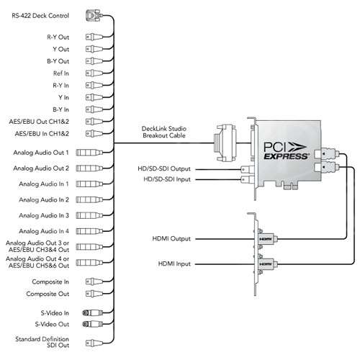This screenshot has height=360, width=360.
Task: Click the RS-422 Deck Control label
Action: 40,16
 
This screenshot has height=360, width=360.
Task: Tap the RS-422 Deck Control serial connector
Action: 94,16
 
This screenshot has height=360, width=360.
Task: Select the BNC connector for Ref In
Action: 94,73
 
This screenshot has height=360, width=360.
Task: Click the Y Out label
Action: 61,49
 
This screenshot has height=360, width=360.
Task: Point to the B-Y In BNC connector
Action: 94,109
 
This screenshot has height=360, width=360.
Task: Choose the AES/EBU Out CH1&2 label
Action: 39,122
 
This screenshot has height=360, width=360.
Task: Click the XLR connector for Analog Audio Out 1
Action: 89,153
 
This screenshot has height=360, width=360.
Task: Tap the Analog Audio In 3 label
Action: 44,215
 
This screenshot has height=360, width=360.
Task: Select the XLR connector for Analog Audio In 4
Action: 89,231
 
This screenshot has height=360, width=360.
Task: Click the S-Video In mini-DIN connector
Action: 92,312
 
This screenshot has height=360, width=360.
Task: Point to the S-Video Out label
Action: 52,324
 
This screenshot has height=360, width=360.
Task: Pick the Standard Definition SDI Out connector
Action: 94,343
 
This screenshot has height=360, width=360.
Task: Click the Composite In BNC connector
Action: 94,282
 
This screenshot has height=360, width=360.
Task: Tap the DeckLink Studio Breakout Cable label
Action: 164,132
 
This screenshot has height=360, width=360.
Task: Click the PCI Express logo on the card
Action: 286,150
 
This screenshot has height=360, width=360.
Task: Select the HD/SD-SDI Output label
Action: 164,168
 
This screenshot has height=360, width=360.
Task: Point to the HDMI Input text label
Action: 174,264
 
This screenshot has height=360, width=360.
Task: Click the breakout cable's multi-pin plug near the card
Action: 225,143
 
